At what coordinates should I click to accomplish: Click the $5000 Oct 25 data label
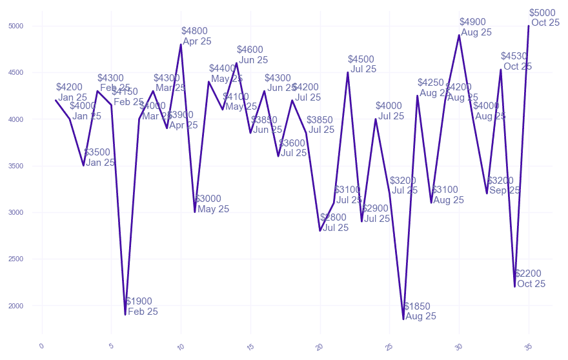pyautogui.click(x=544, y=18)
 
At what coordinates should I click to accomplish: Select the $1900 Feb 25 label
pyautogui.click(x=141, y=306)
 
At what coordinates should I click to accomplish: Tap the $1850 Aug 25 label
pyautogui.click(x=420, y=311)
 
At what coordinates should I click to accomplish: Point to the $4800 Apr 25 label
pyautogui.click(x=196, y=36)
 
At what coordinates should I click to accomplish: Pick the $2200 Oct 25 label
pyautogui.click(x=530, y=279)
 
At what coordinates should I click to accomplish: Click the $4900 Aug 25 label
pyautogui.click(x=476, y=27)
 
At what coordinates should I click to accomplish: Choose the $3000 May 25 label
pyautogui.click(x=212, y=204)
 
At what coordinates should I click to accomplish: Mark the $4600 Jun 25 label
pyautogui.click(x=252, y=55)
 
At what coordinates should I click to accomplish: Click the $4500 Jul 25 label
pyautogui.click(x=363, y=65)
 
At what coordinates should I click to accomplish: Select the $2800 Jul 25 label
pyautogui.click(x=335, y=223)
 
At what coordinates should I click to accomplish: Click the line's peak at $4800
pyautogui.click(x=181, y=45)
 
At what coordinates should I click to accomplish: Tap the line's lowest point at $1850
pyautogui.click(x=403, y=319)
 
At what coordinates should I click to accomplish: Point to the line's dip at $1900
pyautogui.click(x=125, y=315)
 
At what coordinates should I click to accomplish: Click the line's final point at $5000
pyautogui.click(x=529, y=26)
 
